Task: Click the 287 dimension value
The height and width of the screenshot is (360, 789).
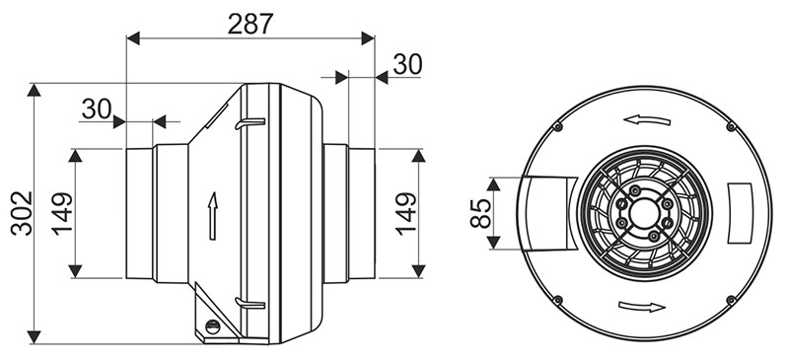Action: pos(251,24)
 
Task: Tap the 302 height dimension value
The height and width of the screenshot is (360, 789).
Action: pos(22,213)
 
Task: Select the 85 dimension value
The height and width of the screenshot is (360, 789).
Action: pos(480,213)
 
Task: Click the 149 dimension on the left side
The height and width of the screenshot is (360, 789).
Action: pos(62,213)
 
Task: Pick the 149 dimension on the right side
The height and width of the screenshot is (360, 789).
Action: pos(405,213)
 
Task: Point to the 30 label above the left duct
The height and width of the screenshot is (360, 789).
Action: pos(96,108)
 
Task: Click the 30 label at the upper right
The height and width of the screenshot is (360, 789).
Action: pos(407,64)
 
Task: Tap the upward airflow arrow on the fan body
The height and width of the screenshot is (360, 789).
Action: pos(213,215)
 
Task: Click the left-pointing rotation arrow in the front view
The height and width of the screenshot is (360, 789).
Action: pos(647,120)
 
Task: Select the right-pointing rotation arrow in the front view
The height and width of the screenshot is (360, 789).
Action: pos(642,306)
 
